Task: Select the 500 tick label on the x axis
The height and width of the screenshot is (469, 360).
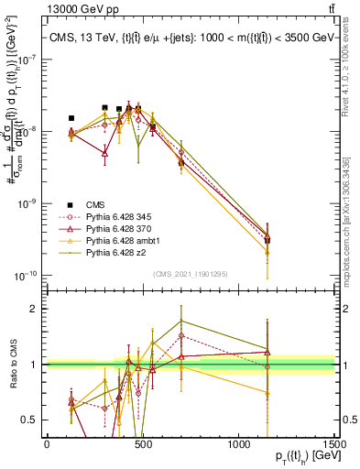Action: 142,443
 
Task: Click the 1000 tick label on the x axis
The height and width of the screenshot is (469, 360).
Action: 238,443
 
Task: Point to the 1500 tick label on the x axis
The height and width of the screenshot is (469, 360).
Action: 333,443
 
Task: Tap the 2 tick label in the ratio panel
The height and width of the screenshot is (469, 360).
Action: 36,309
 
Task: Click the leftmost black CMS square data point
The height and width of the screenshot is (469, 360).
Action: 71,118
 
